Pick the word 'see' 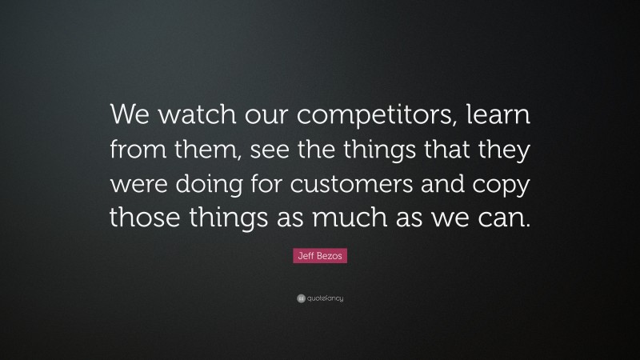pos(274,151)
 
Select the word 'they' pos(497,151)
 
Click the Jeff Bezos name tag pos(320,258)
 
